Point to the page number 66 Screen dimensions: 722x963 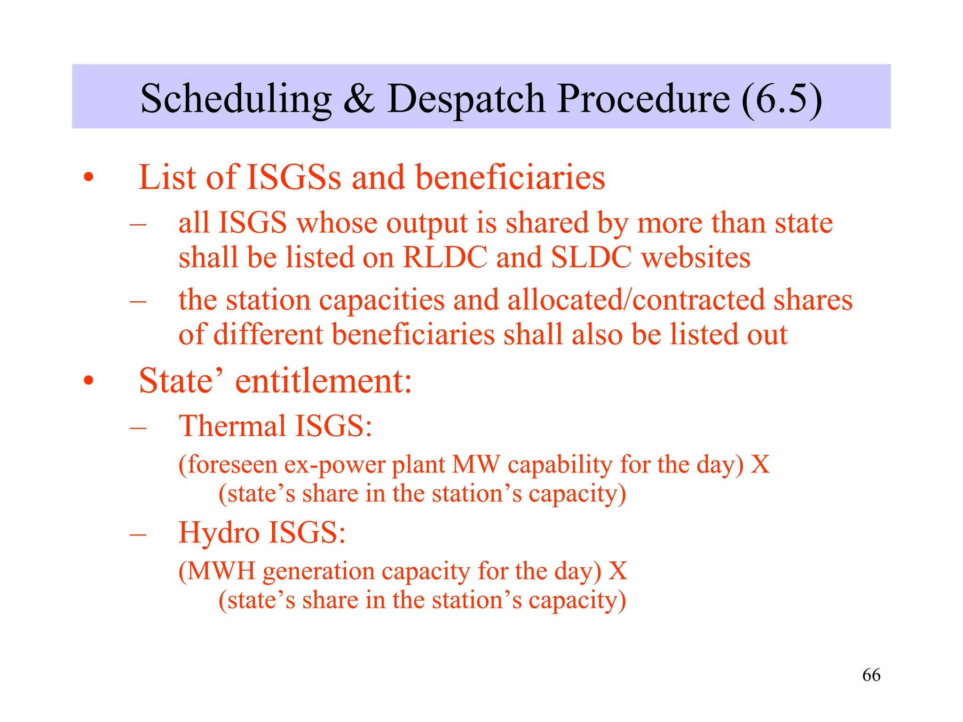click(871, 675)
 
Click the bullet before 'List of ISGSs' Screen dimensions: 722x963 click(88, 178)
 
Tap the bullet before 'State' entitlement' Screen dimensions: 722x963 click(88, 381)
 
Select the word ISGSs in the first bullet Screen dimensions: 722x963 click(294, 178)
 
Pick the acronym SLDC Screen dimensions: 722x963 click(591, 258)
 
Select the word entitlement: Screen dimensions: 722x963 click(324, 381)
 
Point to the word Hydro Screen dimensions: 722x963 click(219, 533)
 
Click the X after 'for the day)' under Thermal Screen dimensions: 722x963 click(760, 464)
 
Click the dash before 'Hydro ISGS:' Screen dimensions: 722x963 click(138, 534)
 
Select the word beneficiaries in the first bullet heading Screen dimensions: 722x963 click(510, 178)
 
